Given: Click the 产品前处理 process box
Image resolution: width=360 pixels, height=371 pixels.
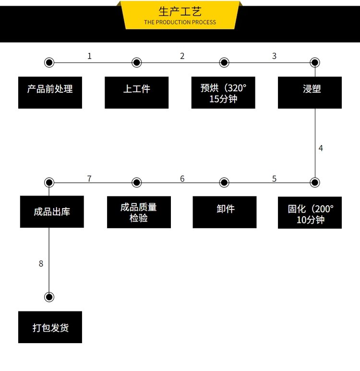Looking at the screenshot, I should click(x=50, y=92).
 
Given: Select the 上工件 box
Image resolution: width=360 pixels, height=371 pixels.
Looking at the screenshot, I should click(x=136, y=92).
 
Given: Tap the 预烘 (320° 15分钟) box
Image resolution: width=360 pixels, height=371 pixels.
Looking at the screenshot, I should click(x=223, y=92).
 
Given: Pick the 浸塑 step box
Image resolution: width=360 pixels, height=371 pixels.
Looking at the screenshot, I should click(x=310, y=92).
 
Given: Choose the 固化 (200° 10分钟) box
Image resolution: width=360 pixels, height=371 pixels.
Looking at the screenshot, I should click(x=310, y=212).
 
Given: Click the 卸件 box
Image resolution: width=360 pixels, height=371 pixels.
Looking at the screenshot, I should click(x=225, y=212).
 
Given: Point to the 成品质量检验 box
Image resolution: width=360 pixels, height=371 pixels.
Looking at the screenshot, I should click(x=139, y=212).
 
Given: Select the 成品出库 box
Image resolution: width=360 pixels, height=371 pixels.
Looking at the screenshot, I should click(x=52, y=211).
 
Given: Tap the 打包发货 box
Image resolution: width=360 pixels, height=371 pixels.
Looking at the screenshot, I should click(x=50, y=327).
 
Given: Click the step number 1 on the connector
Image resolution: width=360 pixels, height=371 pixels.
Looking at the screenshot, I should click(x=89, y=56).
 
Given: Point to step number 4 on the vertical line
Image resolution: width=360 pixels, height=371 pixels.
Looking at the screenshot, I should click(x=321, y=148).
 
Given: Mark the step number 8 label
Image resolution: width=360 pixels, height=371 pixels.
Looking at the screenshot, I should click(x=41, y=263).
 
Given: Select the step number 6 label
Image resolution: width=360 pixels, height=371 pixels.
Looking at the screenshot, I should click(x=182, y=179).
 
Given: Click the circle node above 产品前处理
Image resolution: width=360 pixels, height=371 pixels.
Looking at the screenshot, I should click(x=49, y=62).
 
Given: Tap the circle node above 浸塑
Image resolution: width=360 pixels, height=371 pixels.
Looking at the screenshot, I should click(x=314, y=62).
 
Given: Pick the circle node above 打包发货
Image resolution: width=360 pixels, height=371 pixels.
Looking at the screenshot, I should click(x=49, y=297).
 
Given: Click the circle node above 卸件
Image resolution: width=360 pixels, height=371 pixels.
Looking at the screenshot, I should click(x=224, y=183).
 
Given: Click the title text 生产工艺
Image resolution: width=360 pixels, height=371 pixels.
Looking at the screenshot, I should click(x=180, y=12).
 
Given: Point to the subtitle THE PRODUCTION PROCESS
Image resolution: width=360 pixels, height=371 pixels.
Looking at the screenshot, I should click(x=180, y=22).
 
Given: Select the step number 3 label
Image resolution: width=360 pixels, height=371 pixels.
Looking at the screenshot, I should click(x=274, y=56).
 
